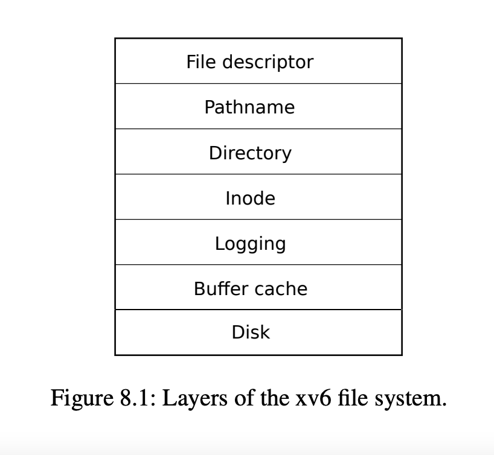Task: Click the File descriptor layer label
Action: pos(249,62)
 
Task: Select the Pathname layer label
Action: pos(249,107)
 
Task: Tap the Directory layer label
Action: pos(250,153)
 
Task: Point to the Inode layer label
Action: pos(250,198)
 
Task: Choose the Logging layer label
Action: pos(250,244)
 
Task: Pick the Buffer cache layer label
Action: pos(250,288)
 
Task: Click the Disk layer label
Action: pos(250,332)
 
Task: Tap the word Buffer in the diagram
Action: pos(214,288)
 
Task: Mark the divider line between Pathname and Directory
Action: pos(258,129)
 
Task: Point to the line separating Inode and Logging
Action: pos(258,219)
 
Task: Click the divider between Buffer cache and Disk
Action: pos(258,310)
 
